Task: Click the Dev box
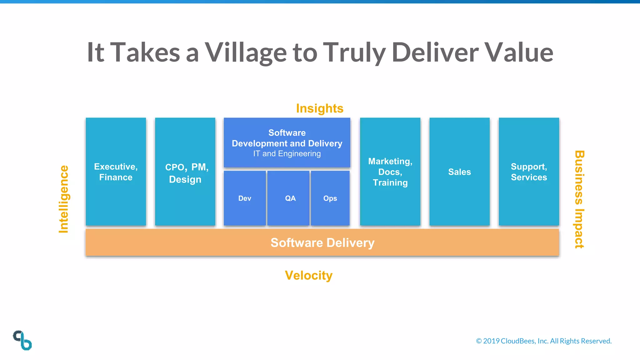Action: (x=245, y=198)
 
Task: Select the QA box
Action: (x=288, y=198)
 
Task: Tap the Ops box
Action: (x=330, y=198)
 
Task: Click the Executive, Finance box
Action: (x=116, y=172)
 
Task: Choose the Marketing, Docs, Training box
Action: (x=390, y=172)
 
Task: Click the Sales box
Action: (x=459, y=172)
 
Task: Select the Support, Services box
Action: (x=529, y=172)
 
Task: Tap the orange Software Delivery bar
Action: (x=322, y=242)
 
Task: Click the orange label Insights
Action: (x=320, y=108)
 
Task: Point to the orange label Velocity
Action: (x=309, y=275)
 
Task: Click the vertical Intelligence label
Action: (x=64, y=199)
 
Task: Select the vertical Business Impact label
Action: (x=579, y=199)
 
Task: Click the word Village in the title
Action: (x=246, y=52)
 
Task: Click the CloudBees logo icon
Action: (x=22, y=340)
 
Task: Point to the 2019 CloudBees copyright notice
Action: (x=544, y=341)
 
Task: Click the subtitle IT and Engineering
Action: (x=287, y=154)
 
